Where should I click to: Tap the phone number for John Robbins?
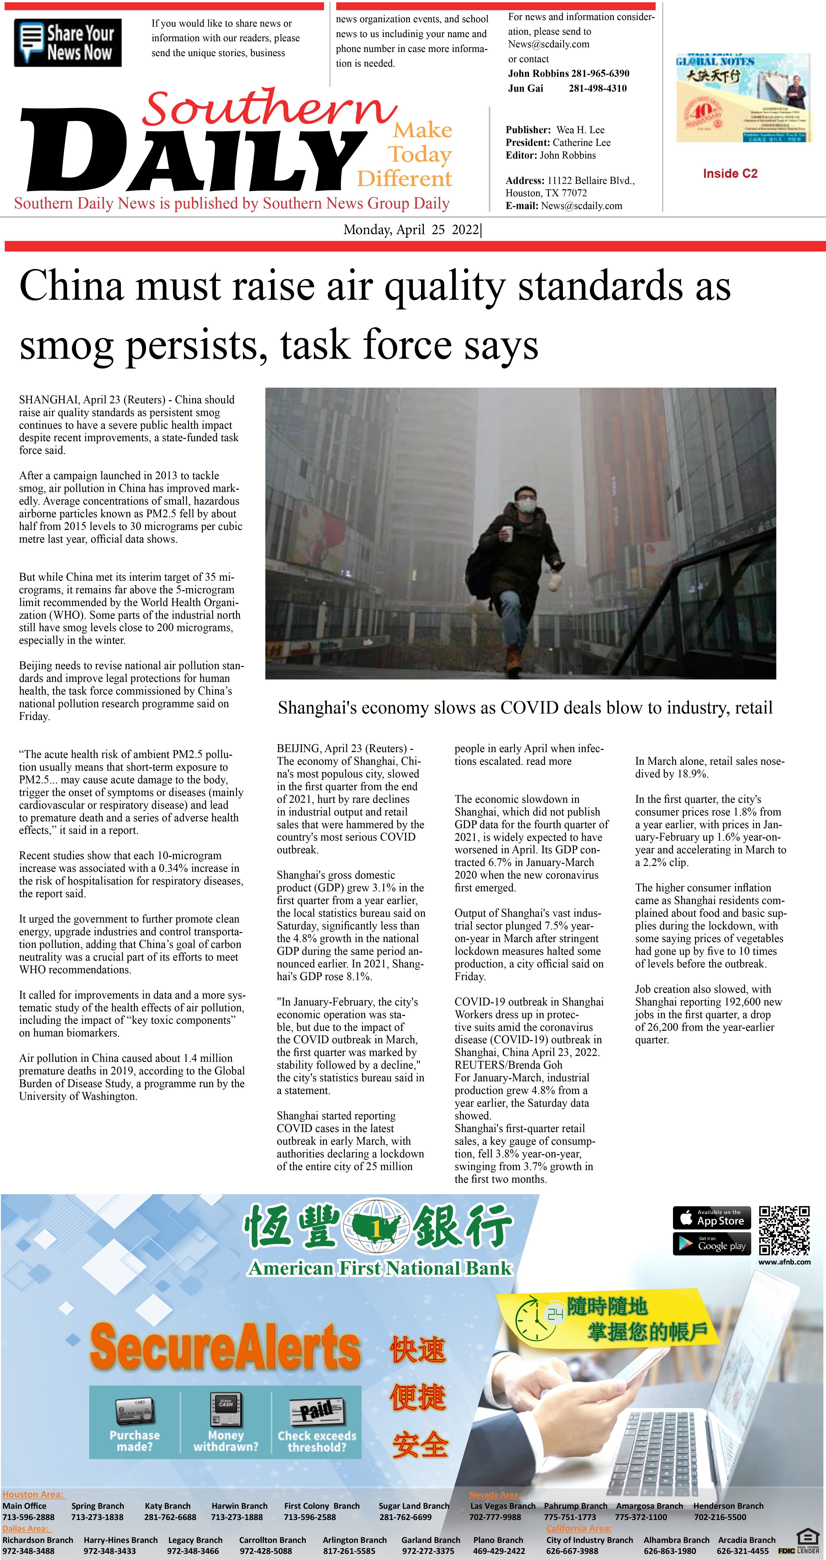point(600,73)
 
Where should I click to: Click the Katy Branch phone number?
point(170,1517)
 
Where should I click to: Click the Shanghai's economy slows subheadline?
point(525,707)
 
